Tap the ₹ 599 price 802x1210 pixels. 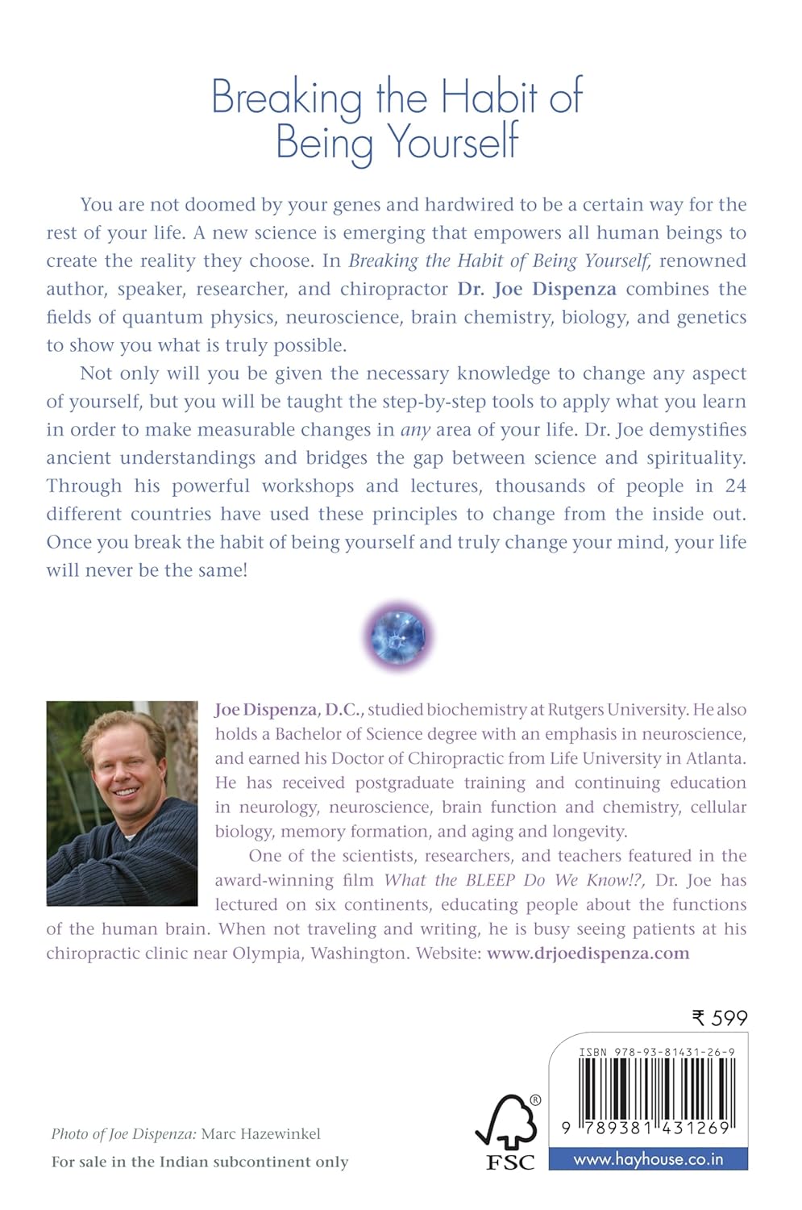tap(720, 1018)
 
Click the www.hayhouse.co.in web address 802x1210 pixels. tap(648, 1159)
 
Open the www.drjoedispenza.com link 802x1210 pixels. tap(588, 953)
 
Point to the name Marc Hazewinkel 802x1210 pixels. tap(260, 1134)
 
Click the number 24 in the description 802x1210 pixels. tap(735, 486)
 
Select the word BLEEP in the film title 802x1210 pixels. tap(490, 880)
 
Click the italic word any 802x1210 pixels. tap(415, 430)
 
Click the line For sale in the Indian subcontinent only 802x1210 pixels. tap(200, 1162)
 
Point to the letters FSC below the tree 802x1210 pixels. tap(509, 1162)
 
